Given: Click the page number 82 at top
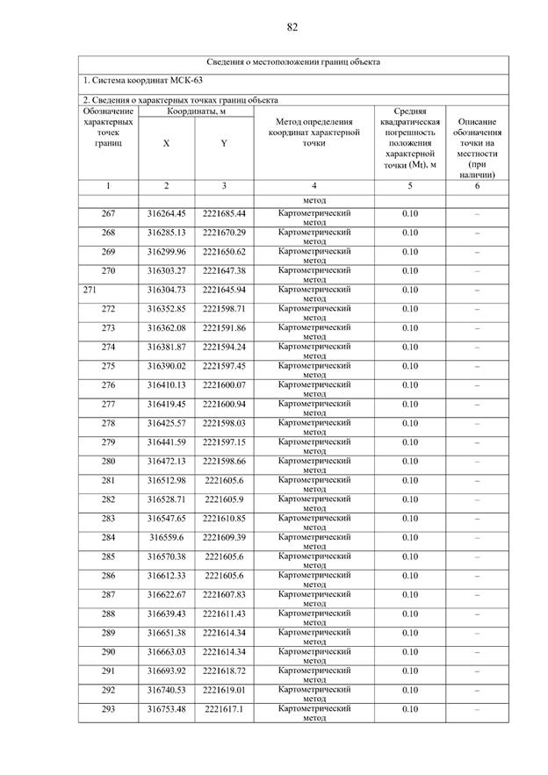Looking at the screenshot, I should (292, 27).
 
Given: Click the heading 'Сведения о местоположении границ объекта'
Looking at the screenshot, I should (293, 62).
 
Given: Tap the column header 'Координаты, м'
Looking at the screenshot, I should (196, 111).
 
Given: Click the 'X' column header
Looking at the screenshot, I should (166, 143).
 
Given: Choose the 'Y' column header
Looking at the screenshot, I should (224, 143).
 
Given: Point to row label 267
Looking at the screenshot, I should (108, 214).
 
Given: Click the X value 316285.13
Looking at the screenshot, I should (166, 233).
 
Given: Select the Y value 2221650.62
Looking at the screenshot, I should (224, 252).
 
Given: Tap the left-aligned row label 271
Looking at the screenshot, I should (89, 290).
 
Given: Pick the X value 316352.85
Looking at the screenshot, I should (166, 309).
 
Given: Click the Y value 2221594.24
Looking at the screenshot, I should (224, 347).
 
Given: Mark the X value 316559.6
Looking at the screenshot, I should (166, 537).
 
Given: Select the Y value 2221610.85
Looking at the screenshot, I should (224, 518).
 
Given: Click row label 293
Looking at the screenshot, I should (108, 708).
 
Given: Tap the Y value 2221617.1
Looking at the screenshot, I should (224, 708).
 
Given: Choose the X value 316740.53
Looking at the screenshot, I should (166, 690).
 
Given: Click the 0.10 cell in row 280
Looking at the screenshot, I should (410, 461).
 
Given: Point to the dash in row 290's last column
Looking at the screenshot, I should (478, 652).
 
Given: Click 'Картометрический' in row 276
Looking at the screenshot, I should (314, 384).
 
